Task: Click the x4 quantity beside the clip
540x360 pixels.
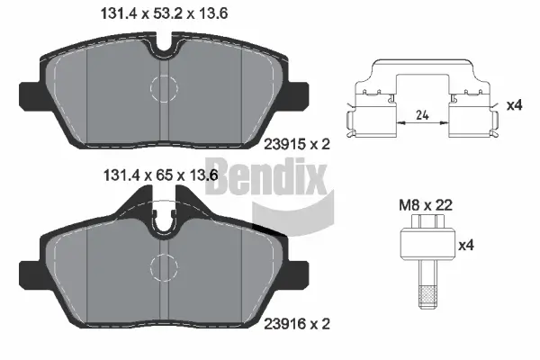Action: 515,105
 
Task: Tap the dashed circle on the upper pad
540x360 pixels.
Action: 165,87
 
